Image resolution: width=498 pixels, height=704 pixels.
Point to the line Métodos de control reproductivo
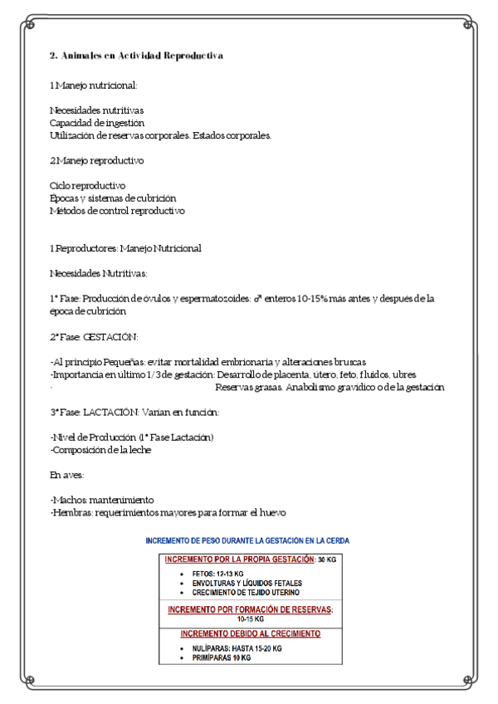tap(117, 211)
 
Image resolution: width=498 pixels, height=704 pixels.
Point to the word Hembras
tap(71, 513)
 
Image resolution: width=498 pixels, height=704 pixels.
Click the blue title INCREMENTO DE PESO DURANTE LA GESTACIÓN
tap(247, 540)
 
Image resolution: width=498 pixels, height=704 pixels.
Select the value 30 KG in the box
tap(326, 560)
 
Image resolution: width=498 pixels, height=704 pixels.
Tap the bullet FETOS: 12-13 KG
tap(217, 574)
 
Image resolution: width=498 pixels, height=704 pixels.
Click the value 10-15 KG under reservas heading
tap(250, 618)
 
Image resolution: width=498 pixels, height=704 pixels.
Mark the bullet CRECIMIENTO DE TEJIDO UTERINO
tap(246, 592)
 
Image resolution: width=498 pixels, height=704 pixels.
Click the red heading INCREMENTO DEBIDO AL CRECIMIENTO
tap(250, 633)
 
